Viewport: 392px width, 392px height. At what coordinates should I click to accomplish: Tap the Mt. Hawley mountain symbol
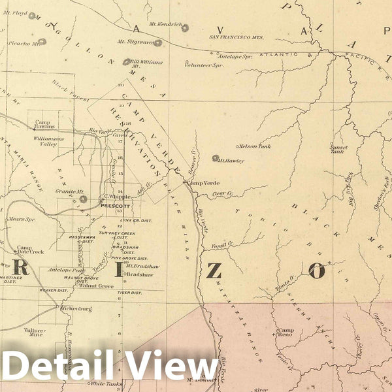point(215,158)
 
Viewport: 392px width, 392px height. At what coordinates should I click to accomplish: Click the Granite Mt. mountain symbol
point(83,199)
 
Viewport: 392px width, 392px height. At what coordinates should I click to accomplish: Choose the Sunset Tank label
point(338,148)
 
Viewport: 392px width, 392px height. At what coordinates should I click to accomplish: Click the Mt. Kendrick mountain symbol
point(185,28)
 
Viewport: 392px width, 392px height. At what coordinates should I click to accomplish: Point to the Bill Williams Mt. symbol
point(126,62)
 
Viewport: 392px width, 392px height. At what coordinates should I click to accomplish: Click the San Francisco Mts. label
point(236,38)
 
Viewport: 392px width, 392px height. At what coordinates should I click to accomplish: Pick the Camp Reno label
point(286,333)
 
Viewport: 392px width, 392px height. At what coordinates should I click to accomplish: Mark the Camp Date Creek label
point(30,250)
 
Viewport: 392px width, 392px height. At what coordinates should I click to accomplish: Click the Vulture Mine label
point(34,333)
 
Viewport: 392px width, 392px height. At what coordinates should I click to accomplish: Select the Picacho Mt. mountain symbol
point(42,42)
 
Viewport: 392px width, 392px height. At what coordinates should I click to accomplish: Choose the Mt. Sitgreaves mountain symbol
point(157,43)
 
